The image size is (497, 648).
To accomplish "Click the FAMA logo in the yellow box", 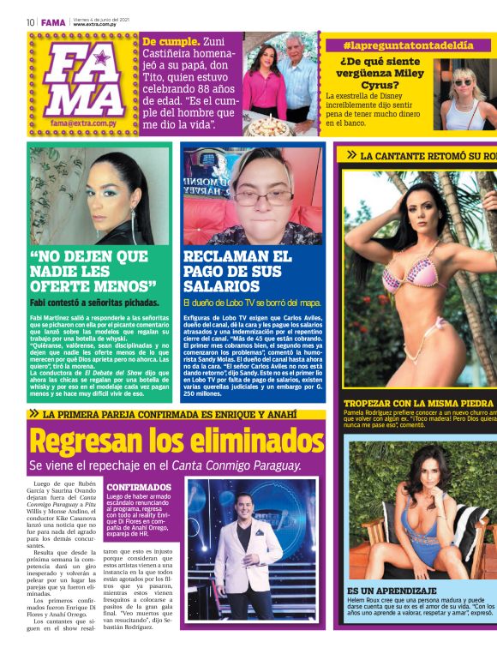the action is click(83, 82).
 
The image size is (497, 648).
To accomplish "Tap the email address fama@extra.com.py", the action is click(83, 123).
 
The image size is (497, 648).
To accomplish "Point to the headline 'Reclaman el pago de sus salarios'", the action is click(237, 271).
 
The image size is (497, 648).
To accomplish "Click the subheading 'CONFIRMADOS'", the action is click(139, 487).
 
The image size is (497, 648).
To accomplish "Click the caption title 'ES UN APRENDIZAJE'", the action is click(392, 591).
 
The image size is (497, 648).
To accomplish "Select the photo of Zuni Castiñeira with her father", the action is click(280, 86).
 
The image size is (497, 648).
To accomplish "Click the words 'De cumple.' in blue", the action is click(171, 41).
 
